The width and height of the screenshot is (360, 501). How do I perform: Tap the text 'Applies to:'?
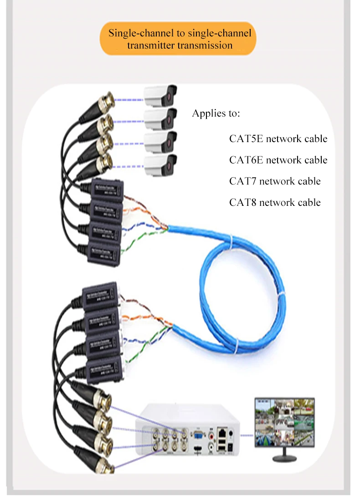(216, 113)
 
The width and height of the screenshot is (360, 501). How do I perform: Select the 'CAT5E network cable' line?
(278, 138)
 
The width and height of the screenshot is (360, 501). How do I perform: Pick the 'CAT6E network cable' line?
(278, 160)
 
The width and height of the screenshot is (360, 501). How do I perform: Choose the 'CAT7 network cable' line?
(275, 181)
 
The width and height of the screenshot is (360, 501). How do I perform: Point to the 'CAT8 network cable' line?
(275, 202)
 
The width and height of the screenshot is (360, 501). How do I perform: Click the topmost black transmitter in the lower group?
(101, 294)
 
